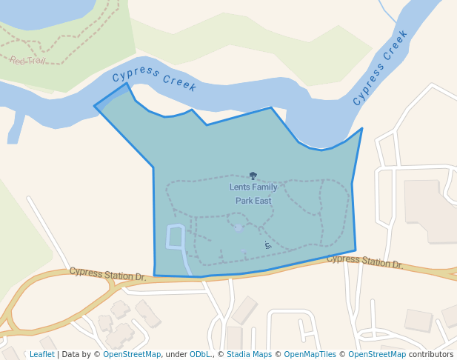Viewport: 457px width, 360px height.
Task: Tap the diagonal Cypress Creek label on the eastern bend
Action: [x=380, y=67]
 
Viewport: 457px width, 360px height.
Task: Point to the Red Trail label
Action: [x=27, y=61]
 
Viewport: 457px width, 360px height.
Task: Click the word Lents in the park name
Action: [x=240, y=187]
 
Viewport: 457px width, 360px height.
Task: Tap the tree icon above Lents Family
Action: [x=253, y=176]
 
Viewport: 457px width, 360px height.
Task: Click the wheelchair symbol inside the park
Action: [x=267, y=244]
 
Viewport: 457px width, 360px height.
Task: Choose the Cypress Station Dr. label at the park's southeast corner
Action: [x=364, y=261]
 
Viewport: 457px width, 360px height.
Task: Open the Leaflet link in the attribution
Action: [x=41, y=355]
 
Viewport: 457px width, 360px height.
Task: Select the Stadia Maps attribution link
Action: [x=249, y=355]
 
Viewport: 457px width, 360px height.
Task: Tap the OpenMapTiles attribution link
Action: [x=310, y=355]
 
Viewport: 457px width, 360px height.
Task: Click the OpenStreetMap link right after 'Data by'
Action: [x=132, y=355]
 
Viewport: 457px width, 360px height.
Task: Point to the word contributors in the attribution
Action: [x=431, y=355]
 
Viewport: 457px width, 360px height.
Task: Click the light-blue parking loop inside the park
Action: [x=175, y=237]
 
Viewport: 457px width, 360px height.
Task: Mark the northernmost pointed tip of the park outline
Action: [x=127, y=83]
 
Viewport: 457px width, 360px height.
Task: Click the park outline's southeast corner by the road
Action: [x=356, y=250]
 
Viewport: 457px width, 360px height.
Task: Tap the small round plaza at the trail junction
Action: [x=238, y=228]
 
